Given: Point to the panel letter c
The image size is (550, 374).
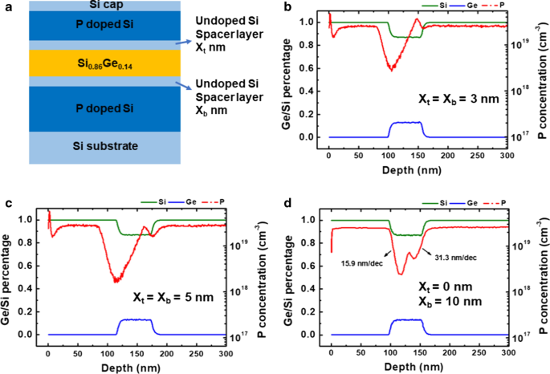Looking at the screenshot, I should (6, 203).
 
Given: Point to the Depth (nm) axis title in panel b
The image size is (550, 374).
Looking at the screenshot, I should (419, 171).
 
